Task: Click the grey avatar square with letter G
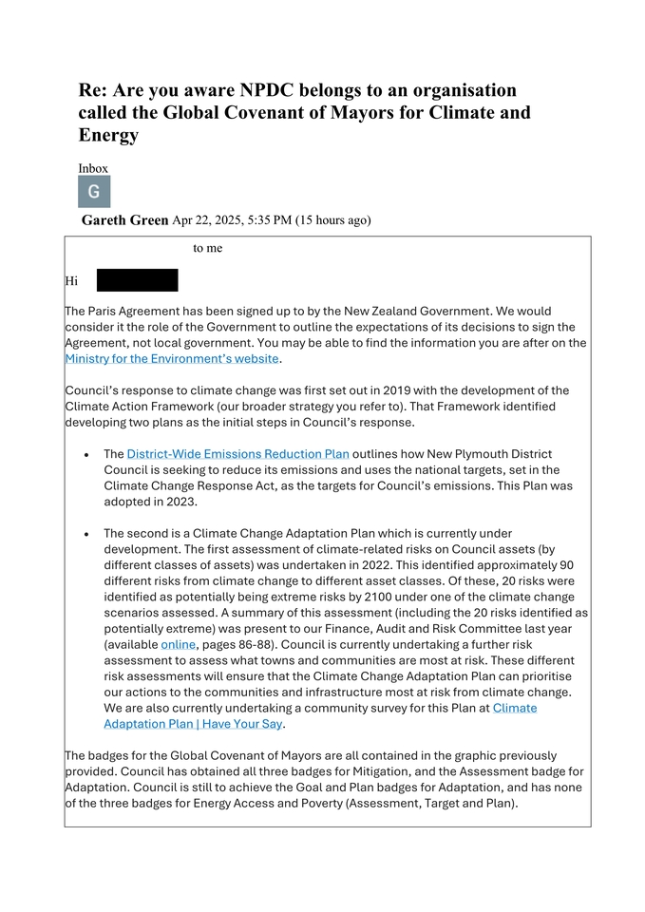coord(94,191)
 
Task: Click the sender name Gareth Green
coord(124,220)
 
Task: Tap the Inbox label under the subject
coord(93,168)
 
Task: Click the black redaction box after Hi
coord(137,280)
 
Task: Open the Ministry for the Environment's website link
coord(172,358)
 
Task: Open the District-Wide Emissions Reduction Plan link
coord(237,454)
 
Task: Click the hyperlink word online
coord(178,645)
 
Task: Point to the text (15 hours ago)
coord(332,220)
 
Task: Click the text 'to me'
coord(207,248)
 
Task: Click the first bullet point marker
coord(87,455)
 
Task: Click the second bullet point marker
coord(87,535)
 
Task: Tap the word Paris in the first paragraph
coord(106,311)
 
